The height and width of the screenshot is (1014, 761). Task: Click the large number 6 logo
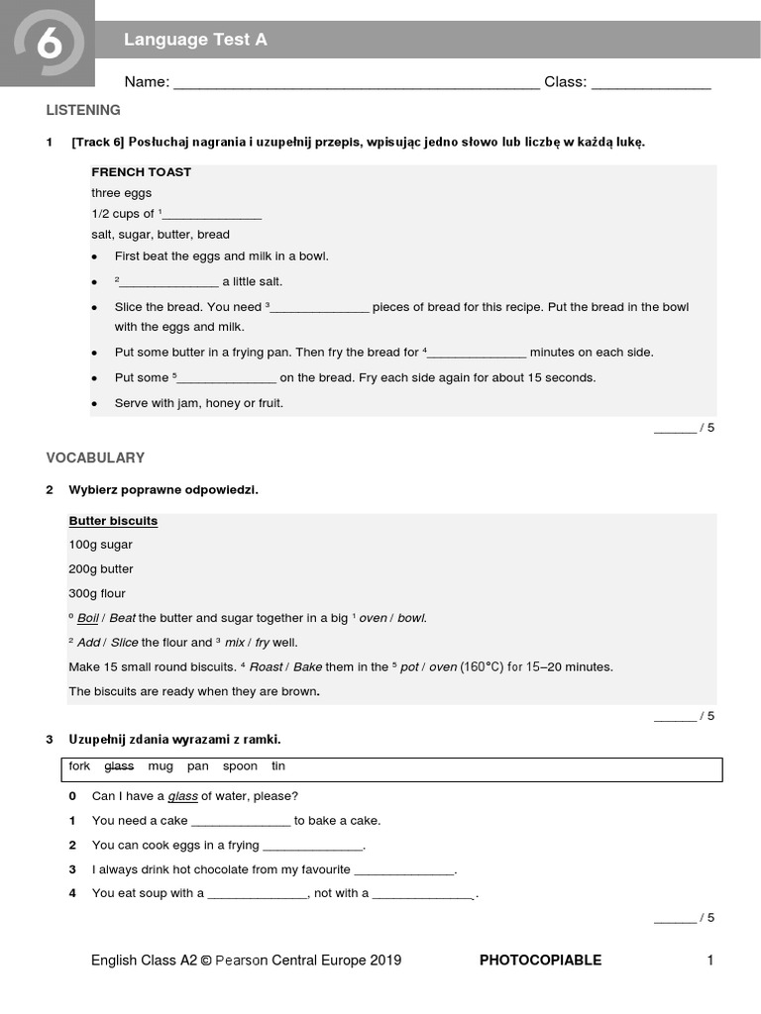[x=47, y=45]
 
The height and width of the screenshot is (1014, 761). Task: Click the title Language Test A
[x=195, y=40]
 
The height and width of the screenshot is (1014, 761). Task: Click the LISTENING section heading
[x=83, y=110]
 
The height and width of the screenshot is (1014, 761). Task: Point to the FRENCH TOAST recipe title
[x=141, y=172]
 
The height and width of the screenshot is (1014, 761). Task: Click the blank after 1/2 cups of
[x=211, y=215]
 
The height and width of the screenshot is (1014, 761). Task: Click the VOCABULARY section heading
[x=95, y=457]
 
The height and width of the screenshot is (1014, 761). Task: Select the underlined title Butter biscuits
[x=113, y=521]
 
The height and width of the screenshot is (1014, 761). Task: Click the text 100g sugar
[x=100, y=545]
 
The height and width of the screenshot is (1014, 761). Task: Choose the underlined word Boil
[x=87, y=618]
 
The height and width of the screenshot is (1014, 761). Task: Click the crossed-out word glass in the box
[x=119, y=766]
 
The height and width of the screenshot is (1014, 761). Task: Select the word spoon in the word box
[x=240, y=766]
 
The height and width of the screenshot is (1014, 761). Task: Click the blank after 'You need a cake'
[x=241, y=822]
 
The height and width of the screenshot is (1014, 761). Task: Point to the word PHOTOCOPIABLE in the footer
[x=540, y=960]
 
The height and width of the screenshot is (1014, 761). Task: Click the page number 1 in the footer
[x=710, y=960]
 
